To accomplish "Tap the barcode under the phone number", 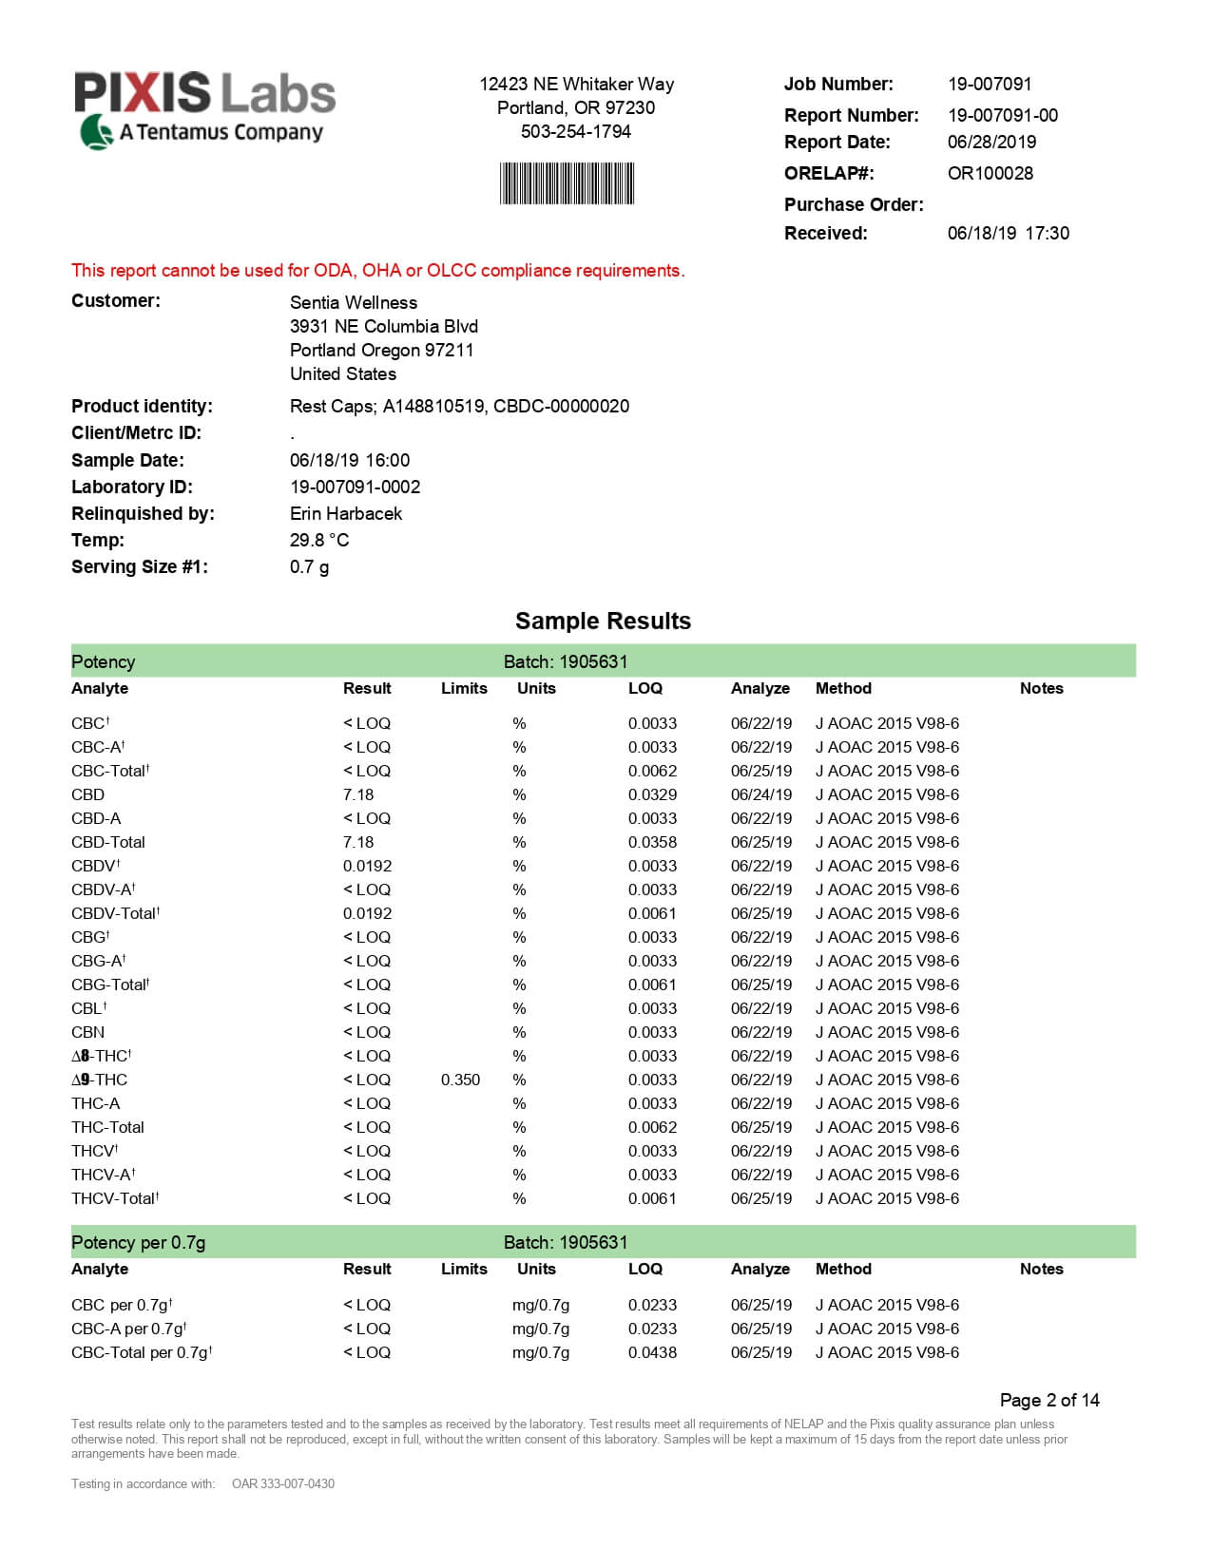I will pos(567,183).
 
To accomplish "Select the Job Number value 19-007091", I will pos(989,84).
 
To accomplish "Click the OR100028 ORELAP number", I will pos(990,173).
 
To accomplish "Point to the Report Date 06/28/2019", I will pos(991,142).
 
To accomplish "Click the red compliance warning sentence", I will pos(377,271).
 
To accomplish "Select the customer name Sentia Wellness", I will pos(353,302).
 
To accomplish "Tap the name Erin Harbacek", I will pos(345,513).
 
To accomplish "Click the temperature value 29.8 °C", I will pos(318,540).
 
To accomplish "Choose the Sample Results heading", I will pos(603,621).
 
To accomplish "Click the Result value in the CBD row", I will pos(358,794).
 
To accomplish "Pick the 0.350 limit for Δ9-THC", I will pos(460,1080).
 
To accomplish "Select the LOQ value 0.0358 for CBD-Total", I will pos(652,842).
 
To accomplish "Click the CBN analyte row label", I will pos(87,1032).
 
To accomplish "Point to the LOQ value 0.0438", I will pos(652,1352).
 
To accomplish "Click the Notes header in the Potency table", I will pos(1041,688).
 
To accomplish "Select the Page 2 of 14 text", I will pos(1048,1400).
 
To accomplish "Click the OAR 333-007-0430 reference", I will pos(282,1483).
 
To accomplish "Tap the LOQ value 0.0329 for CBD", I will pos(652,794).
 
